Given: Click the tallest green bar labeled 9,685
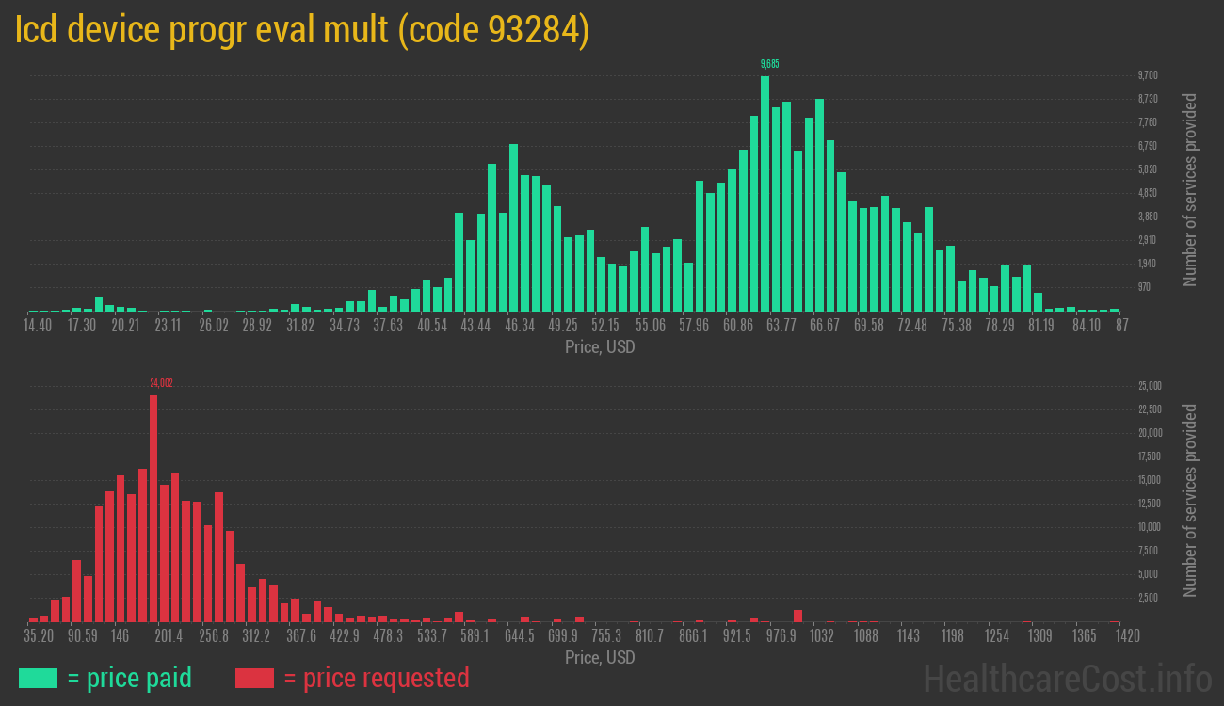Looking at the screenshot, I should pos(765,193).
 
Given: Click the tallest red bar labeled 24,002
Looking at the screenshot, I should pos(153,508).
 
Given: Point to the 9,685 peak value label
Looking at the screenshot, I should pos(769,64).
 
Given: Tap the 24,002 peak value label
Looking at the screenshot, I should pos(161,383).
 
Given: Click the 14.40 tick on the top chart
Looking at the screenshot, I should pos(38,326).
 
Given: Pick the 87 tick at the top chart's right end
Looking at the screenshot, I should pos(1121,326).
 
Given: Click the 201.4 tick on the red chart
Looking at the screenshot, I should pos(169,636).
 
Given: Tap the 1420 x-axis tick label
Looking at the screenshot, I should pos(1128,636).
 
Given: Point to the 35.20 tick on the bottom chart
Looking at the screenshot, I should pos(39,636).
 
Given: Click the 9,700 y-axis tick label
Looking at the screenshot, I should pos(1147,75).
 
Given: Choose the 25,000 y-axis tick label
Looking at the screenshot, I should pos(1150,386).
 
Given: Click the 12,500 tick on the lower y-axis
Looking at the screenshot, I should pos(1150,504).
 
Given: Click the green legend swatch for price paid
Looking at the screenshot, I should pos(38,678).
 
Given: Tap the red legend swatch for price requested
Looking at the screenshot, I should pos(254,678).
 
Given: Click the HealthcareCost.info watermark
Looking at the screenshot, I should pos(1067,678).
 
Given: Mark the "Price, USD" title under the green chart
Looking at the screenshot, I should pos(600,347).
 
